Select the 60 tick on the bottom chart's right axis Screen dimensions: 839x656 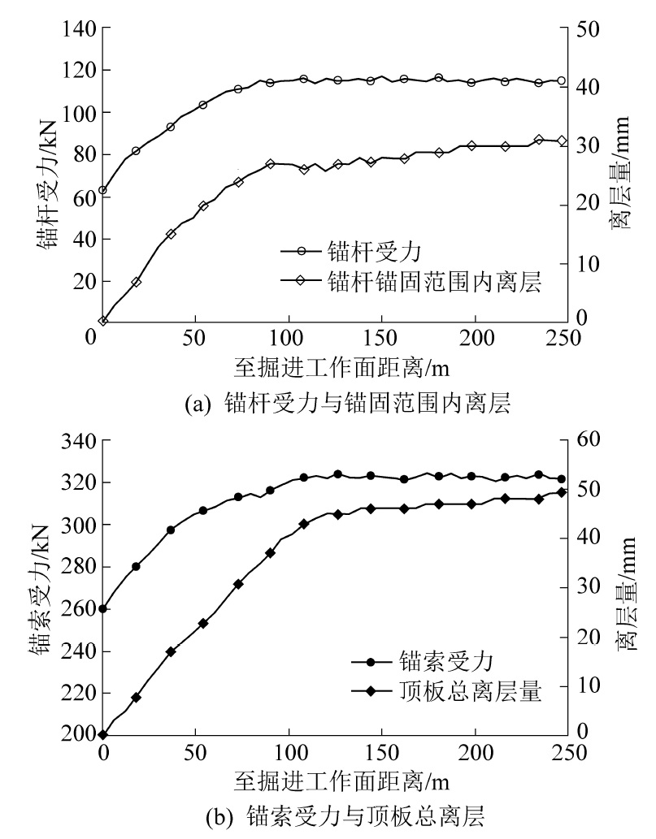tap(589, 439)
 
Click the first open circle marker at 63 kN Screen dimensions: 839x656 tap(102, 191)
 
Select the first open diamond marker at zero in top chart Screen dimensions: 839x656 tap(103, 322)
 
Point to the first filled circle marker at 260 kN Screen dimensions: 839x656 tap(102, 608)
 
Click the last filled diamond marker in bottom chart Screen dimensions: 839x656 tap(561, 492)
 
